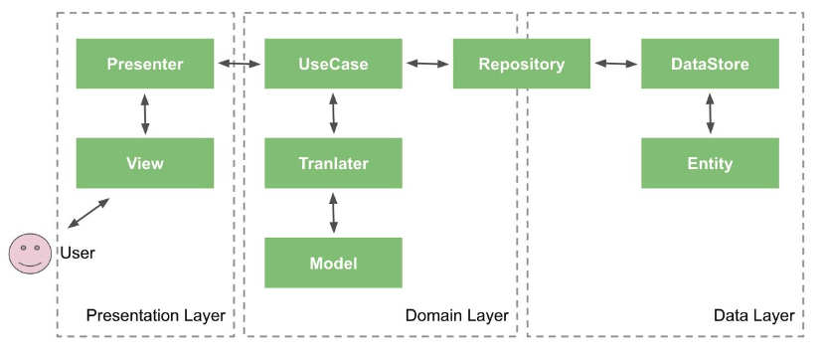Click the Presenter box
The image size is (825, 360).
point(145,64)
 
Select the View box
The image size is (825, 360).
point(145,163)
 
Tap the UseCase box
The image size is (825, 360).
point(333,64)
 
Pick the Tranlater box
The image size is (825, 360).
point(333,163)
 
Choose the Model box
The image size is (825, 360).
point(333,263)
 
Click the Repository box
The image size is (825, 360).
point(522,64)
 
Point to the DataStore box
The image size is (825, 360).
point(710,64)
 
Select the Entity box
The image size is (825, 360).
point(710,163)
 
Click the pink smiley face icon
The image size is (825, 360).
point(30,254)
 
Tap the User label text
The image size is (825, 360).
point(78,254)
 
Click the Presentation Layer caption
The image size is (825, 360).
point(156,316)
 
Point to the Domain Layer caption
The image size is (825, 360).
point(456,316)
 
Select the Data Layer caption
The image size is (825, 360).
point(754,316)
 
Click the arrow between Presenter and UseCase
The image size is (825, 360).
point(240,64)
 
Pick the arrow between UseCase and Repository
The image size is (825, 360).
point(427,64)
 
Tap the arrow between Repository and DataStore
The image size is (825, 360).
point(616,64)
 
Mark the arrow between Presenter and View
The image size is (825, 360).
point(145,113)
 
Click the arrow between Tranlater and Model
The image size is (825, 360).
point(333,213)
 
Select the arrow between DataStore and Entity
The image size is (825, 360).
point(710,113)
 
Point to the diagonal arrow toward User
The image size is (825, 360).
point(88,213)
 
